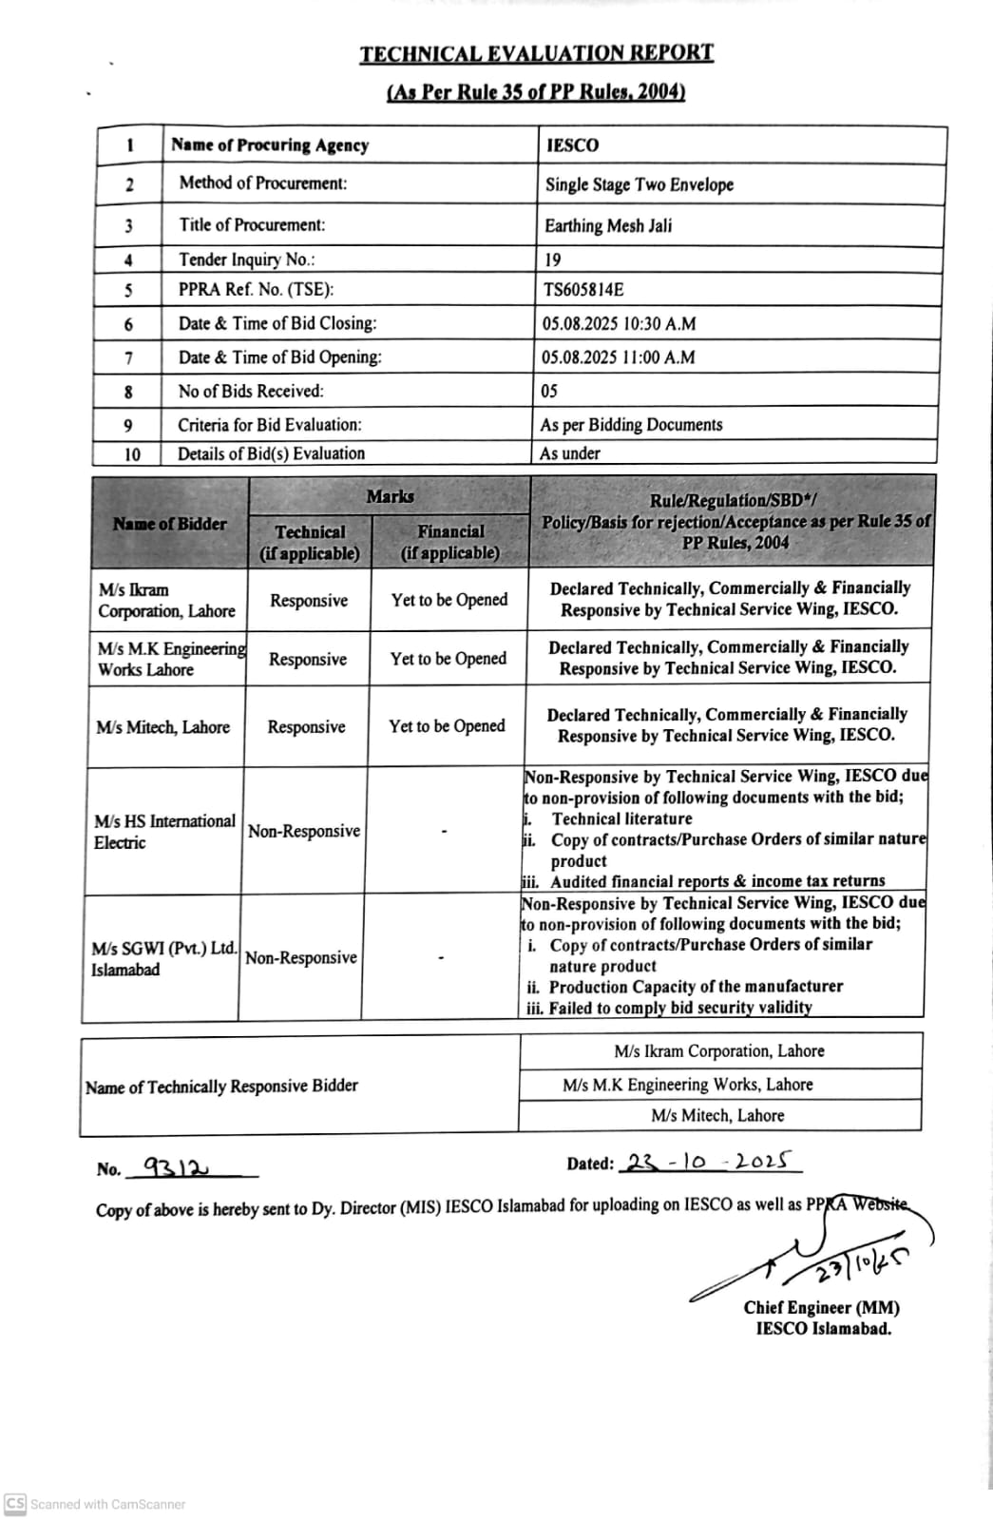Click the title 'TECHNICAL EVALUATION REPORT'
[x=536, y=54]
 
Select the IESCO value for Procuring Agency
[x=573, y=145]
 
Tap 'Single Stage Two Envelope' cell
[x=640, y=184]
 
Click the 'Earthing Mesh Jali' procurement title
[x=608, y=225]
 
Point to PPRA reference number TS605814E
[x=583, y=290]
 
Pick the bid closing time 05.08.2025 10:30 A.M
[x=619, y=324]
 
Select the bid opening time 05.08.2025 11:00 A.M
[x=619, y=357]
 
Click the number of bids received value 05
[x=549, y=391]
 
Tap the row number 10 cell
[x=132, y=454]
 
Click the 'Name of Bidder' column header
[x=170, y=524]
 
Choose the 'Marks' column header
[x=390, y=496]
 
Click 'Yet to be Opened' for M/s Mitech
[x=447, y=726]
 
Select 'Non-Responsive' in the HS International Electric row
[x=304, y=831]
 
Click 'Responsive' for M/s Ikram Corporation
[x=309, y=601]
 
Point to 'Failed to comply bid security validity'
[x=680, y=1008]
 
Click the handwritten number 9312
[x=177, y=1166]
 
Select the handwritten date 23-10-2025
[x=709, y=1162]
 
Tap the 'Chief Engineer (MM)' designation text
[x=822, y=1308]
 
